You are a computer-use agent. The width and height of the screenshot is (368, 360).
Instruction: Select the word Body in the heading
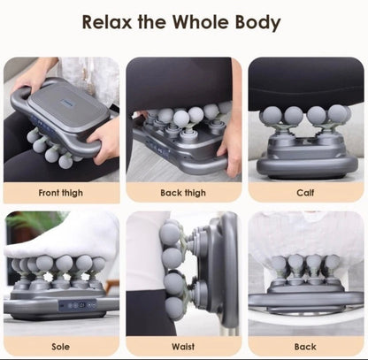pyautogui.click(x=260, y=22)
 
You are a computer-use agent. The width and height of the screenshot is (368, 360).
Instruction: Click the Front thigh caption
pyautogui.click(x=61, y=192)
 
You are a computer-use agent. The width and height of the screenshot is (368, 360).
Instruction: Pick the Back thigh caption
pyautogui.click(x=183, y=192)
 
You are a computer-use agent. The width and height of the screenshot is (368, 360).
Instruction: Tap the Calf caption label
pyautogui.click(x=305, y=192)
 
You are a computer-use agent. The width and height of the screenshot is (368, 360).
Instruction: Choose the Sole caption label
pyautogui.click(x=61, y=346)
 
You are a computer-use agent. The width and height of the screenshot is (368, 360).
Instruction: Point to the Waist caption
pyautogui.click(x=183, y=346)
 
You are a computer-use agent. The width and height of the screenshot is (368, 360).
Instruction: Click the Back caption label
pyautogui.click(x=305, y=346)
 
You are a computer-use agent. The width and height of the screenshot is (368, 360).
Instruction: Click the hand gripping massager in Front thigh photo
pyautogui.click(x=104, y=138)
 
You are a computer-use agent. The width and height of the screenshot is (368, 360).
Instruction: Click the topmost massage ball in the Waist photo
pyautogui.click(x=171, y=234)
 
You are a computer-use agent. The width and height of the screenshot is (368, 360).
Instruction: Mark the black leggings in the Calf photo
pyautogui.click(x=305, y=84)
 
